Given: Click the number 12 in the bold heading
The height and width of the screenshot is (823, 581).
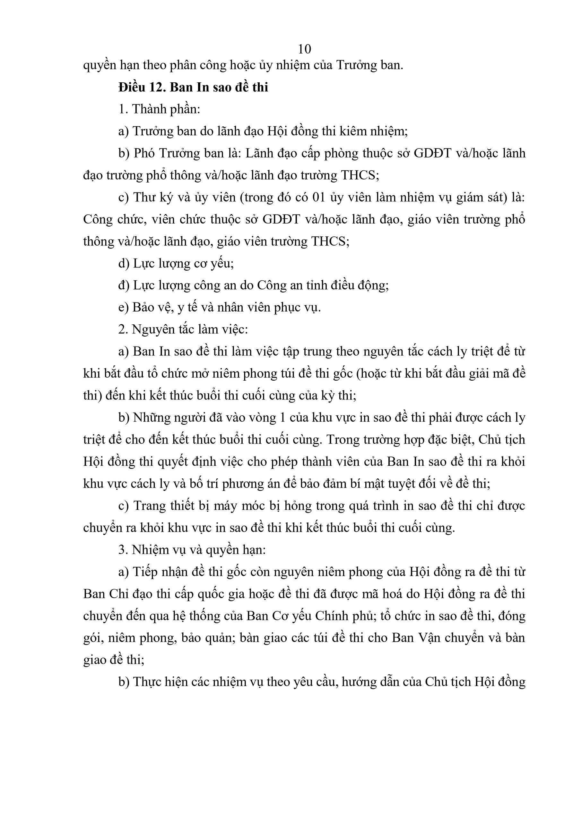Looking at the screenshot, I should tap(156, 87).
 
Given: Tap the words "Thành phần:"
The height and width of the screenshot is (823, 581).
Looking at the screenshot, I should tap(166, 109).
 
